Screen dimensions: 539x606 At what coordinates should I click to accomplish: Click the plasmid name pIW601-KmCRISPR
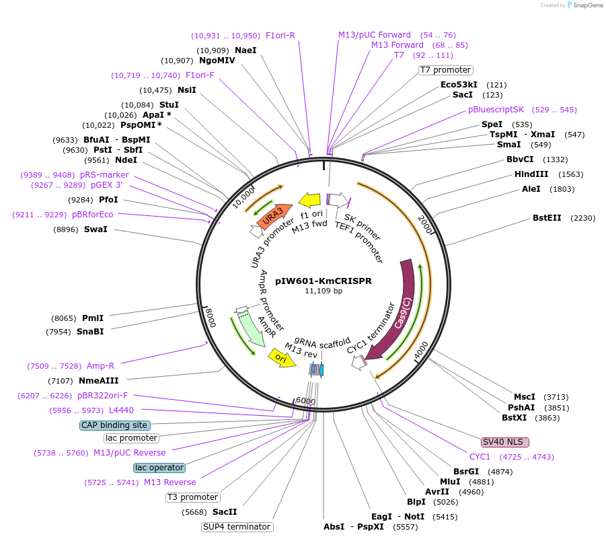pos(324,281)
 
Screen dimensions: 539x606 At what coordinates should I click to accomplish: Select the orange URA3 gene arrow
pos(273,215)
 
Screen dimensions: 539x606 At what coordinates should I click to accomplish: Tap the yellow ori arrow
pos(281,357)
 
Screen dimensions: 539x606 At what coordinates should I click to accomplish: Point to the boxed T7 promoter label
pos(445,70)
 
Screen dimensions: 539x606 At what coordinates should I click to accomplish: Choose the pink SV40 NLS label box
pos(505,442)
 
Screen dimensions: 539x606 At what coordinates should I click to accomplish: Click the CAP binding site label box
pos(115,425)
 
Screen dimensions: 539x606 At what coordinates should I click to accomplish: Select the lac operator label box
pos(159,468)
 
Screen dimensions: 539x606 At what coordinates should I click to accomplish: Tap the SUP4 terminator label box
pos(237,527)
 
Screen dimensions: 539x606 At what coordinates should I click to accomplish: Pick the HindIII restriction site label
pos(531,174)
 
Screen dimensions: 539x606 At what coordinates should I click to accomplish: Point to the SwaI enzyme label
pos(96,229)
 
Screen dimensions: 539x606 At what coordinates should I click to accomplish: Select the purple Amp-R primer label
pos(100,366)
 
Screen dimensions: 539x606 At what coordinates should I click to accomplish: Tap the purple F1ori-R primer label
pos(280,35)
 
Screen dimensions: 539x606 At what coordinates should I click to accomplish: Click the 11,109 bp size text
pos(324,291)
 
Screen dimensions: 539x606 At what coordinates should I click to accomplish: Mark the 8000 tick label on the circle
pos(211,316)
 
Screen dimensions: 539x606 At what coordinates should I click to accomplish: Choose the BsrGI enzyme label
pos(465,472)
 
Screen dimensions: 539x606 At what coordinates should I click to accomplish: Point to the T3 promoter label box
pos(193,497)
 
